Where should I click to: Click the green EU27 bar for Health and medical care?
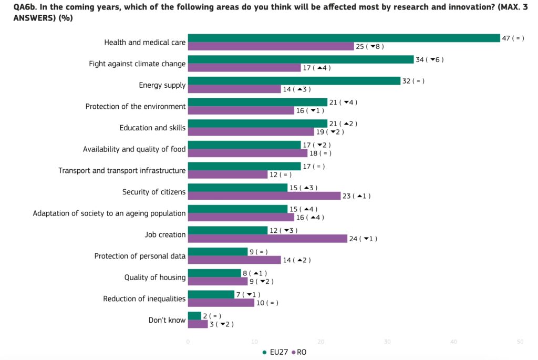click(x=344, y=38)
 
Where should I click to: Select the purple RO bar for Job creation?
click(x=267, y=239)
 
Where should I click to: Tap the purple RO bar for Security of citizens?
click(x=264, y=196)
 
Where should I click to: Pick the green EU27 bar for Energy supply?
click(x=294, y=81)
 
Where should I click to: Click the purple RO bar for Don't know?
click(x=198, y=324)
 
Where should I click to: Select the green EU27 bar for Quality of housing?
click(x=214, y=273)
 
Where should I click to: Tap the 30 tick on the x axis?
click(x=387, y=342)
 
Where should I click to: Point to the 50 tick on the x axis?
click(x=520, y=342)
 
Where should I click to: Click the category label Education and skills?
click(x=152, y=128)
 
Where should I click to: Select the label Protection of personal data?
click(x=140, y=256)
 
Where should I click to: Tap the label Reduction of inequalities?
click(x=144, y=299)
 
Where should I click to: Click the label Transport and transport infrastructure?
click(x=122, y=170)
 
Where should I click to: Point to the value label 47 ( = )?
click(x=513, y=38)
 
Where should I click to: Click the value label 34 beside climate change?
click(x=430, y=59)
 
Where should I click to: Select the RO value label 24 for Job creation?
click(x=363, y=239)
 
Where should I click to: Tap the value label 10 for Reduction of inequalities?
click(x=267, y=303)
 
